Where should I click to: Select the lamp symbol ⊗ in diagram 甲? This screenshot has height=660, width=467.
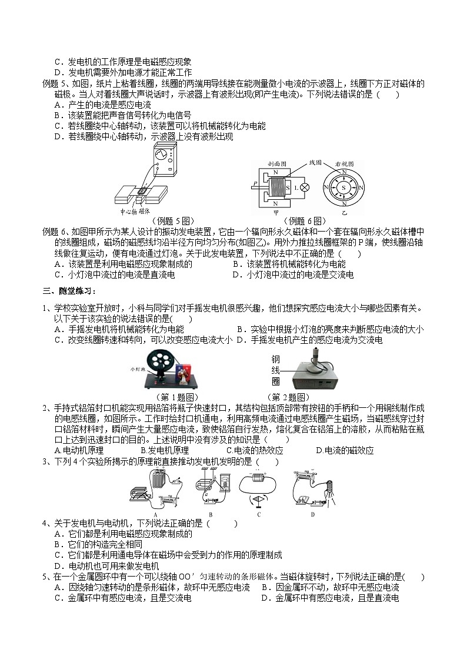[x=304, y=187]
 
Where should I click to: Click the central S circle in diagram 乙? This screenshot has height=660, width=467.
[x=341, y=186]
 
